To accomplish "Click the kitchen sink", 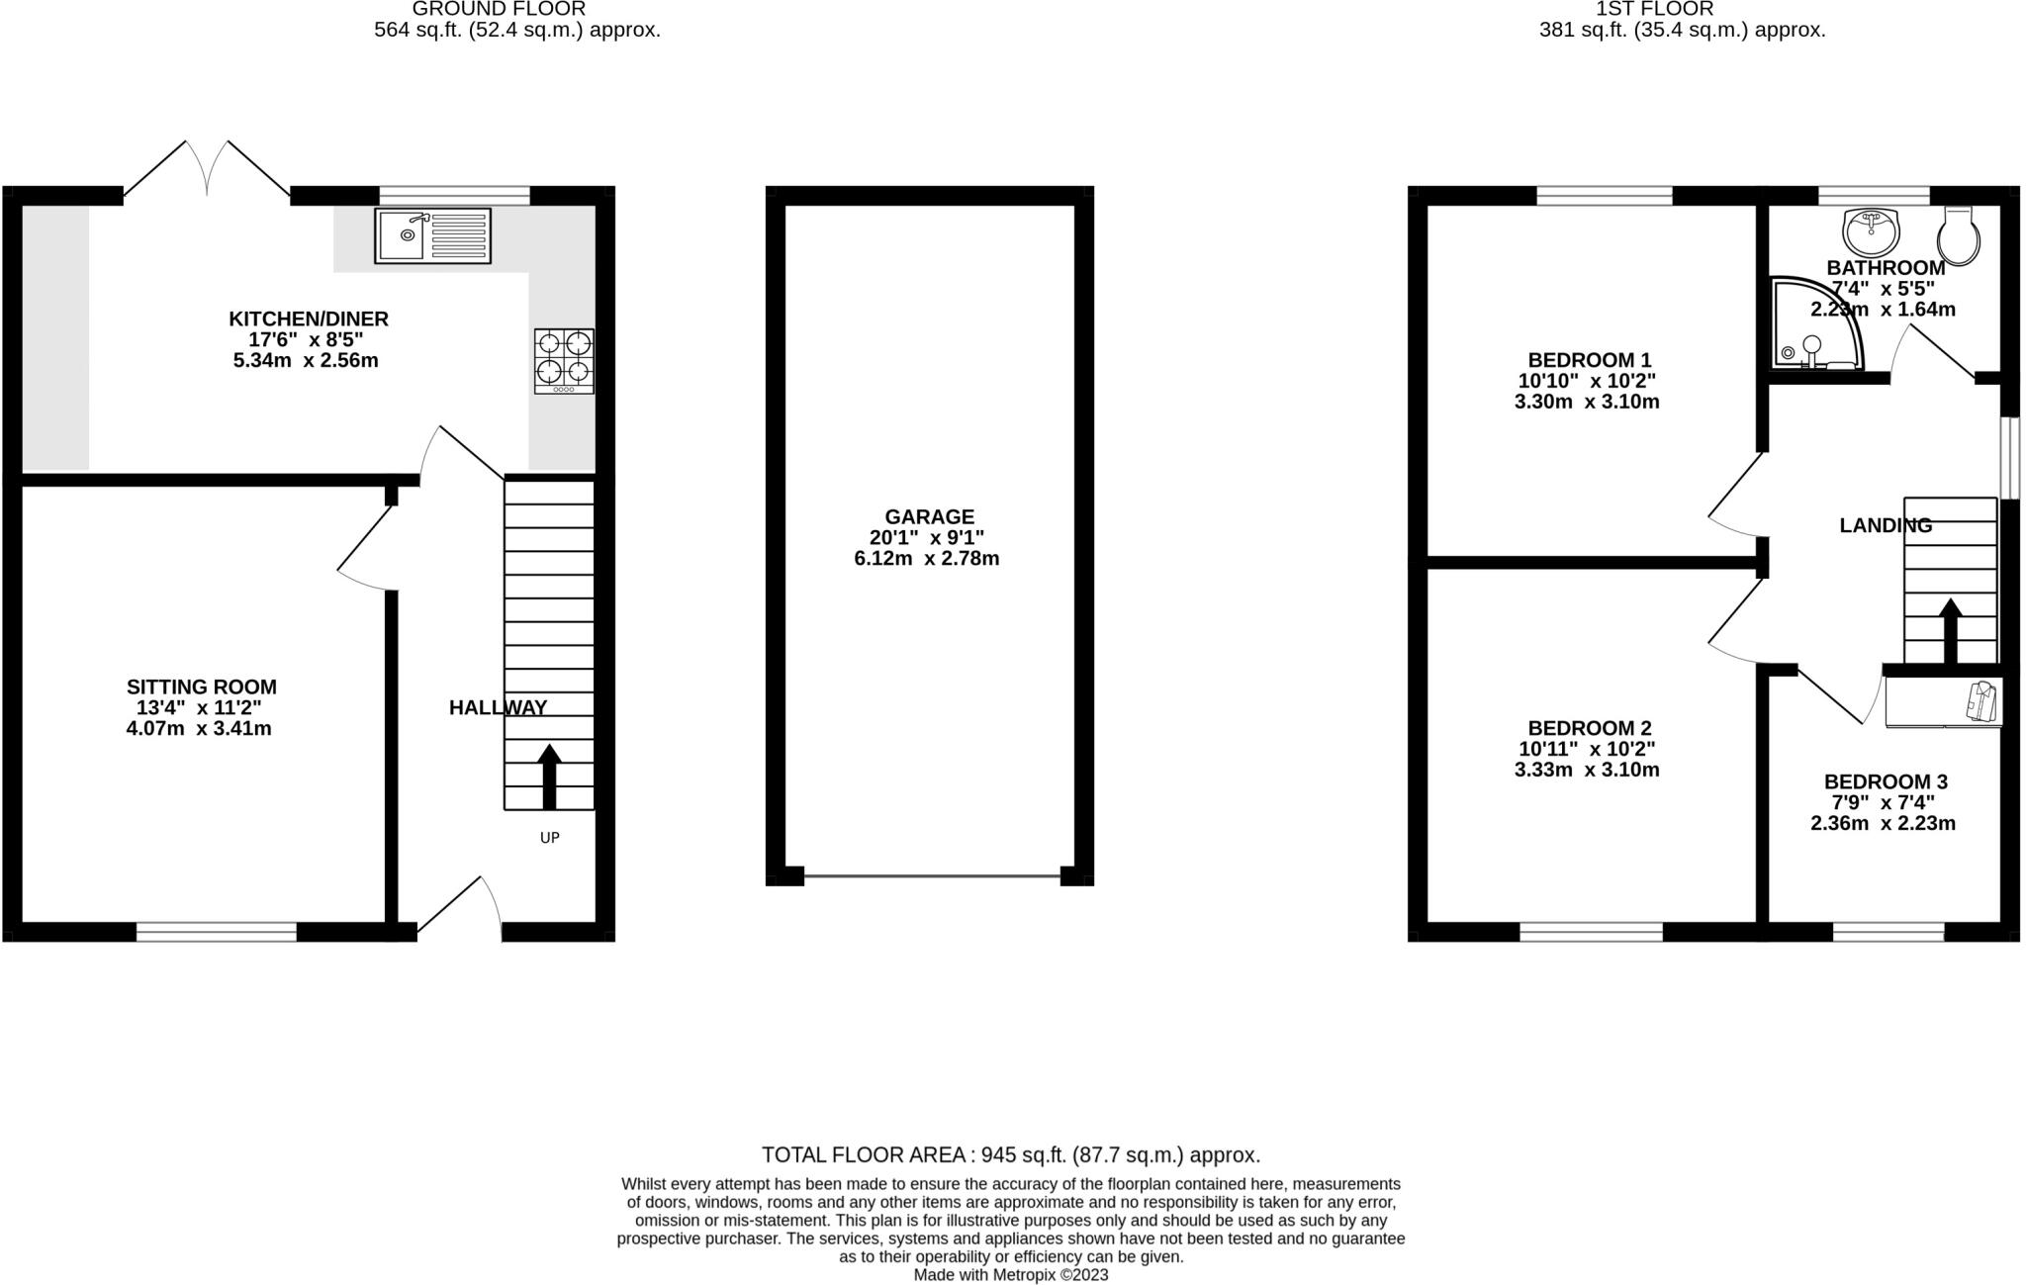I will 432,235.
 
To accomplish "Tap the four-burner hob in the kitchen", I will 564,360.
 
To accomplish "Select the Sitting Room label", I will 201,687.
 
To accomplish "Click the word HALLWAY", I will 498,707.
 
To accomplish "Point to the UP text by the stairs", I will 549,838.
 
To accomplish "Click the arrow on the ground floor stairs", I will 549,776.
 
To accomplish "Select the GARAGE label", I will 929,516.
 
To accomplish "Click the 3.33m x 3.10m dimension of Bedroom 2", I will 1587,770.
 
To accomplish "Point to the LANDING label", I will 1885,525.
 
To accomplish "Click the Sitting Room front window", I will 216,931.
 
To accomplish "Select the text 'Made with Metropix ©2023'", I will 1010,1275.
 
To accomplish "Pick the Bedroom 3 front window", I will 1888,931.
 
